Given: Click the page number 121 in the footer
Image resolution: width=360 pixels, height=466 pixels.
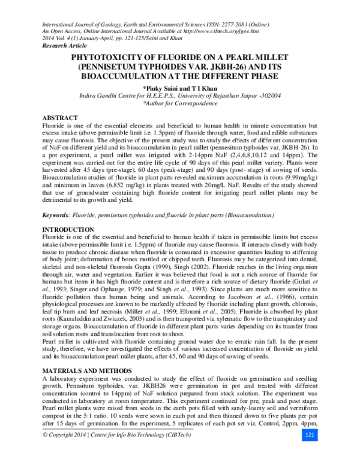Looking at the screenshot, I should (310, 450).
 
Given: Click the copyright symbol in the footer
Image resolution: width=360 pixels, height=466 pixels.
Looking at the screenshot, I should (40, 451).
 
